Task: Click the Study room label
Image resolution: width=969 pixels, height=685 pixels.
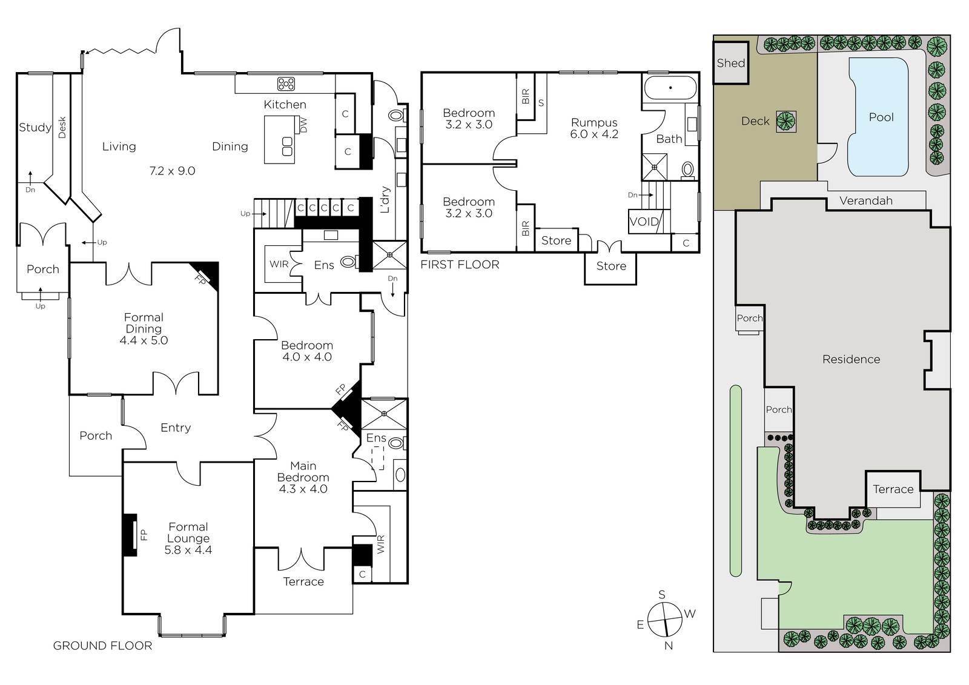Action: point(35,128)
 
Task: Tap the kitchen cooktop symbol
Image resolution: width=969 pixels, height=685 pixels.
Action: point(286,84)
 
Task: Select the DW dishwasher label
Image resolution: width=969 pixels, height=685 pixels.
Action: point(303,125)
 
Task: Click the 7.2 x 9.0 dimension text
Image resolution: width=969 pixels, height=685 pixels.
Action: point(172,171)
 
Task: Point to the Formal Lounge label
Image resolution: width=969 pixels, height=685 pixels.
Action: point(188,533)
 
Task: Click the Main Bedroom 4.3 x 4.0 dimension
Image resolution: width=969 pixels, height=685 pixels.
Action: point(303,489)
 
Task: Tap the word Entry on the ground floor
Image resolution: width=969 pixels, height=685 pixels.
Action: point(176,428)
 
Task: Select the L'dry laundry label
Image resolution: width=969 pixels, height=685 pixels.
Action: point(385,199)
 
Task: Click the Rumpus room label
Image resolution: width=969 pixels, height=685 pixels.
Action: point(594,122)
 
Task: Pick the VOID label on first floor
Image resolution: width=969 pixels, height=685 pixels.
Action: point(644,222)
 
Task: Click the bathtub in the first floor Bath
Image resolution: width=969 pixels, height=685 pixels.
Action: point(670,88)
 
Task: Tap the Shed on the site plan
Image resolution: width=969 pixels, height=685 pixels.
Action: point(730,63)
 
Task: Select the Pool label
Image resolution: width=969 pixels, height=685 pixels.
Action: point(881,117)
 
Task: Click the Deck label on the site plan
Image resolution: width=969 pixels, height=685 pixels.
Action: point(755,121)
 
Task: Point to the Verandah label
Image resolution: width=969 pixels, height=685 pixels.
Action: point(865,201)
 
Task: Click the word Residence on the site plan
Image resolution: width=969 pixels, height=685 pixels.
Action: point(851,359)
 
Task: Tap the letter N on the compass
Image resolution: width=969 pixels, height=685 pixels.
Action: point(669,646)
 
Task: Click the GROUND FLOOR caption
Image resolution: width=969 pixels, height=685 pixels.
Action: point(102,646)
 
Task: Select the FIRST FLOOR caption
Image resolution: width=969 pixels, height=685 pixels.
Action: point(460,265)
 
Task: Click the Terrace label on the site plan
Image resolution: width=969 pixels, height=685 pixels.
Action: point(893,489)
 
